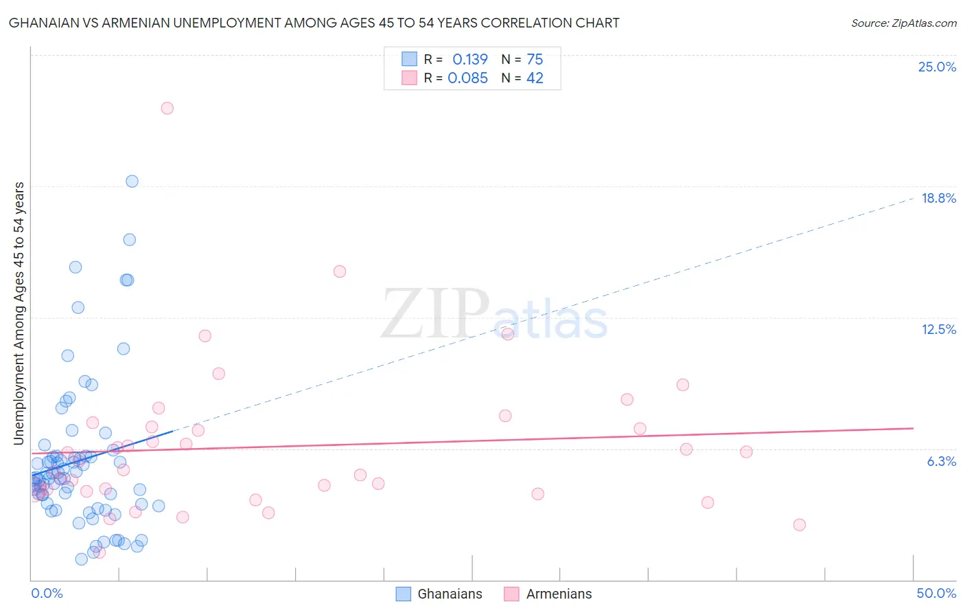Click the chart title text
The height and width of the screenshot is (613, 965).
point(314,23)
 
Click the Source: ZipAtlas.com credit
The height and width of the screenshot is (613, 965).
point(903,23)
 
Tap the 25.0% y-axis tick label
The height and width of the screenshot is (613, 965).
point(937,67)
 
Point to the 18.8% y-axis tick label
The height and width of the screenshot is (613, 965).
point(938,198)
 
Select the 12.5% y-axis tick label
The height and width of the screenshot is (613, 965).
point(938,329)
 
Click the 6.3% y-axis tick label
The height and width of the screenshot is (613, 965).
point(941,461)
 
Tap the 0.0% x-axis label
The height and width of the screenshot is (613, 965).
point(47,593)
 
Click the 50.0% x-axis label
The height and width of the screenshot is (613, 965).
point(936,593)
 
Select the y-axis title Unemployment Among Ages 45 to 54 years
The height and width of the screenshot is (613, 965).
point(19,313)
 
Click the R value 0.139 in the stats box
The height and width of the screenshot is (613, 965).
point(470,59)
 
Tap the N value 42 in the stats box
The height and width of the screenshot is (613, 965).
point(535,78)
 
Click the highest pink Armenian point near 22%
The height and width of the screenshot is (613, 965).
point(167,108)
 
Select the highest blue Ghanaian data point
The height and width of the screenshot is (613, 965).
point(132,181)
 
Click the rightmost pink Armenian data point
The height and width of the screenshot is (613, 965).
point(799,525)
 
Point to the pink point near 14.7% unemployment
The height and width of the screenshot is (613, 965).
point(339,271)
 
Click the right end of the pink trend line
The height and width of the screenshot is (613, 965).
point(913,428)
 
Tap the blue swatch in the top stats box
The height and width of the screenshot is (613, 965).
point(409,59)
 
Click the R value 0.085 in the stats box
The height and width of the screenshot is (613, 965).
point(467,78)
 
